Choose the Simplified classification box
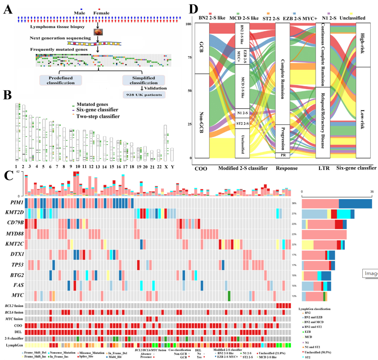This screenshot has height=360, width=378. [x=143, y=80]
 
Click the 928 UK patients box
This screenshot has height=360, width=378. [x=143, y=95]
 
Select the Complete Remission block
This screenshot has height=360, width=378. [x=282, y=74]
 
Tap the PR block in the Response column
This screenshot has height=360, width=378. [x=282, y=155]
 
